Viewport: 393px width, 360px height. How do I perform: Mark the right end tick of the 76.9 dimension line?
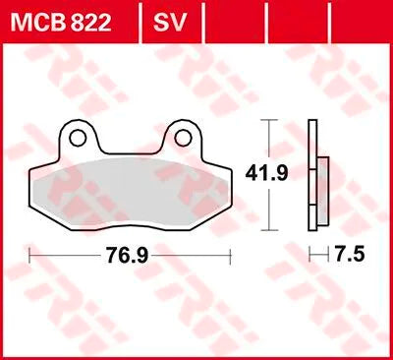point(230,255)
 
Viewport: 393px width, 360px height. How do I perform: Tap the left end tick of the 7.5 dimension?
point(309,255)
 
